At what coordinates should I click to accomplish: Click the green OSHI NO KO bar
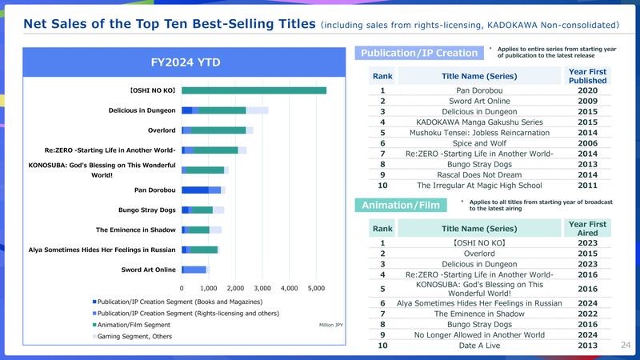254,90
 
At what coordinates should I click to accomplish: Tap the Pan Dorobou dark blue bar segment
194,190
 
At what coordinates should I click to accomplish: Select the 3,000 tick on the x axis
262,286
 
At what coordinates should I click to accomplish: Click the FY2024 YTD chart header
186,62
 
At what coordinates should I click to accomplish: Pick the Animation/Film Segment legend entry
135,325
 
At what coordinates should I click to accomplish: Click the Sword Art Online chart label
149,270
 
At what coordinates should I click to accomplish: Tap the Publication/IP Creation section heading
419,54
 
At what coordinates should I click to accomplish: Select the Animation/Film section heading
402,206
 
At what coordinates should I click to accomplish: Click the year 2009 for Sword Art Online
588,102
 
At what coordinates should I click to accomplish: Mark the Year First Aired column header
588,228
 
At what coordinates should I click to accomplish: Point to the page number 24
626,345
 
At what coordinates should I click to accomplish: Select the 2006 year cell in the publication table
588,143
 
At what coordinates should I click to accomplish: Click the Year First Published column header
588,76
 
